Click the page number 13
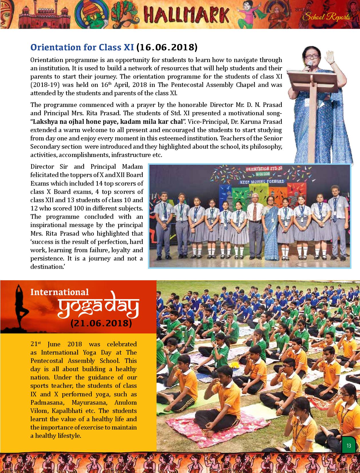point(349,446)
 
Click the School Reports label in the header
point(326,17)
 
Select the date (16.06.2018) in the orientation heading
point(167,47)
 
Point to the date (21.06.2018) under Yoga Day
point(101,323)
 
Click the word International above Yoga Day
point(60,292)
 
